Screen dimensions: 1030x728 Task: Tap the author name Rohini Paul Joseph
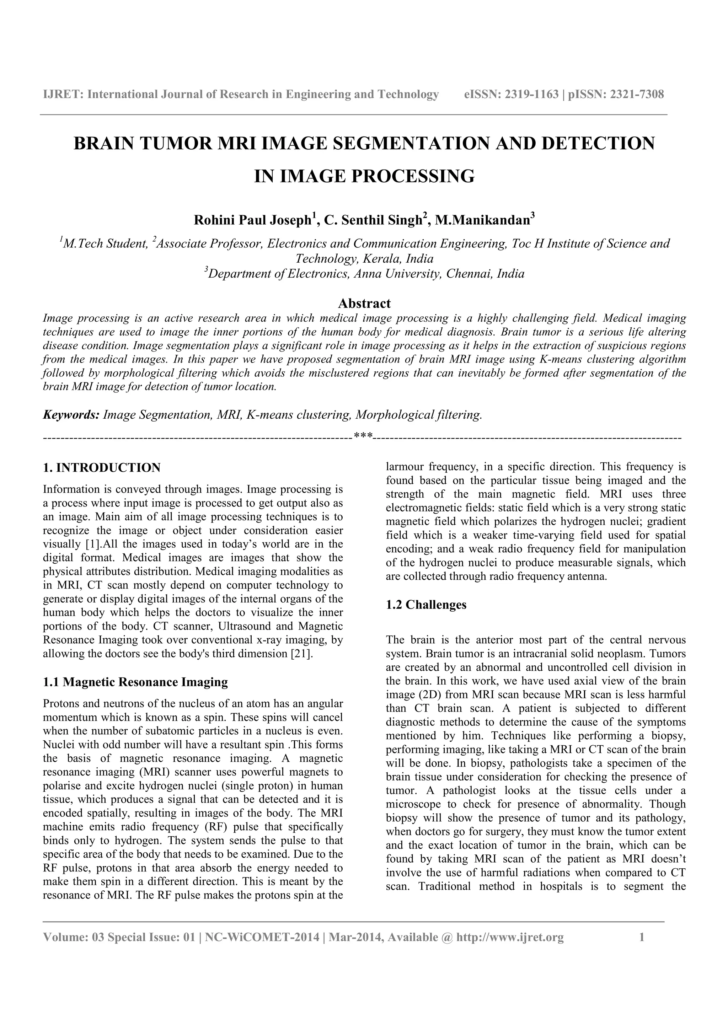(252, 221)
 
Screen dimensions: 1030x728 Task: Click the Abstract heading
(364, 304)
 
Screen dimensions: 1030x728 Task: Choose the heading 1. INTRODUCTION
(101, 468)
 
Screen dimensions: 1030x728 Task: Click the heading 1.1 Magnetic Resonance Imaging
(135, 682)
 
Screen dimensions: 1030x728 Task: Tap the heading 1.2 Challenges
(426, 605)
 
